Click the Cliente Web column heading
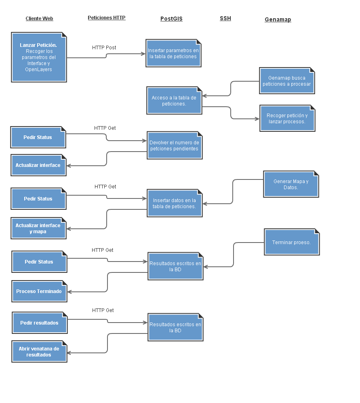tap(39, 19)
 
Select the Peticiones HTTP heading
tap(107, 18)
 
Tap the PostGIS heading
tap(171, 19)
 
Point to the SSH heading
tap(225, 18)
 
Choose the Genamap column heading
tap(278, 19)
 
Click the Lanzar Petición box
tap(39, 57)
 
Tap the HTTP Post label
tap(104, 48)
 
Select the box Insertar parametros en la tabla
tap(173, 53)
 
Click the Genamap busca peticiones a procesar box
tap(287, 81)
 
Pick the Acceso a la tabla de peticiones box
tap(174, 101)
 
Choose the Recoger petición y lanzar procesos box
tap(287, 118)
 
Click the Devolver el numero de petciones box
tap(174, 146)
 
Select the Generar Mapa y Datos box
tap(291, 184)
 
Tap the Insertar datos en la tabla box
tap(174, 203)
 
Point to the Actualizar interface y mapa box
tap(38, 228)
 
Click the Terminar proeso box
tap(292, 242)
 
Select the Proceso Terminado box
tap(39, 291)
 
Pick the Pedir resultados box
tap(39, 323)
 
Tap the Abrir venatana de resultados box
tap(39, 352)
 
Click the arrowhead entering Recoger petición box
tap(257, 119)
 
